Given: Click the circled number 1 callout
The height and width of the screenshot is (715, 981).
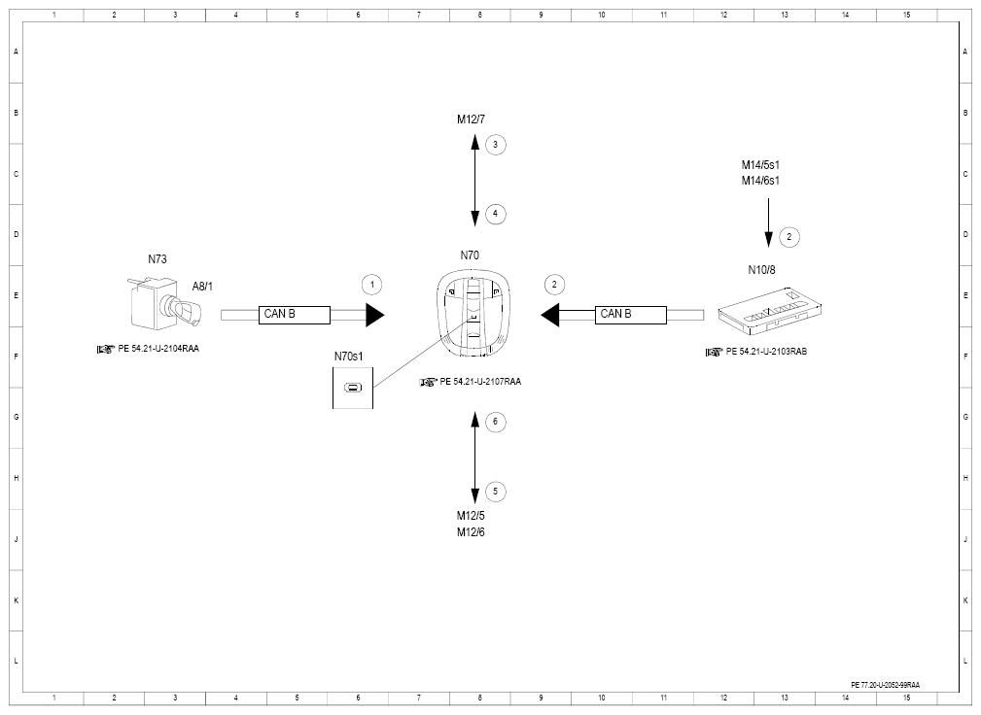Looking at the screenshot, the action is (372, 285).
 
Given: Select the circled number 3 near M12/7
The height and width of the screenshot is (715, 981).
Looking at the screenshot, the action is (496, 145).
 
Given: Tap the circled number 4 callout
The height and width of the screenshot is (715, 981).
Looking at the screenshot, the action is (496, 214).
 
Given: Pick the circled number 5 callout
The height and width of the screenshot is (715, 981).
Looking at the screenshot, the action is (496, 492).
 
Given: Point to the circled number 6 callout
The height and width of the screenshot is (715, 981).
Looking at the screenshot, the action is (496, 422).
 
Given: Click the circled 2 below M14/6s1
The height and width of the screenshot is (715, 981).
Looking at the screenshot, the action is (788, 237).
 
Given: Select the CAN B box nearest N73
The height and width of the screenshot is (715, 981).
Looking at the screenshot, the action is (294, 315).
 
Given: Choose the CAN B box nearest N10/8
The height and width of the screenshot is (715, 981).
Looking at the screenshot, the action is (631, 315).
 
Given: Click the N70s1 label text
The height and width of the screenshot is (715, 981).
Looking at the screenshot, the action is (348, 357).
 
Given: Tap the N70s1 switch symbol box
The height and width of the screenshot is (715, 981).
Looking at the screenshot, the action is (353, 389).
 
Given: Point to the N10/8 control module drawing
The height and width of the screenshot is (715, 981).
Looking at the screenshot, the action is (769, 310).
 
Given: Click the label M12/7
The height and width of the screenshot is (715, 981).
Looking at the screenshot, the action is (472, 119).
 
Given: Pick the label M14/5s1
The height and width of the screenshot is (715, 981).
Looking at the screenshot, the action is (760, 165).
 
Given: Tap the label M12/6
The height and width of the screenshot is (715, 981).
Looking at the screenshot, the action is (471, 532).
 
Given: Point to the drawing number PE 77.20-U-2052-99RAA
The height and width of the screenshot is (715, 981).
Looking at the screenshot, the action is (886, 685).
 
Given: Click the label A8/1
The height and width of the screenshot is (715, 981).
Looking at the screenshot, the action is (202, 287).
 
